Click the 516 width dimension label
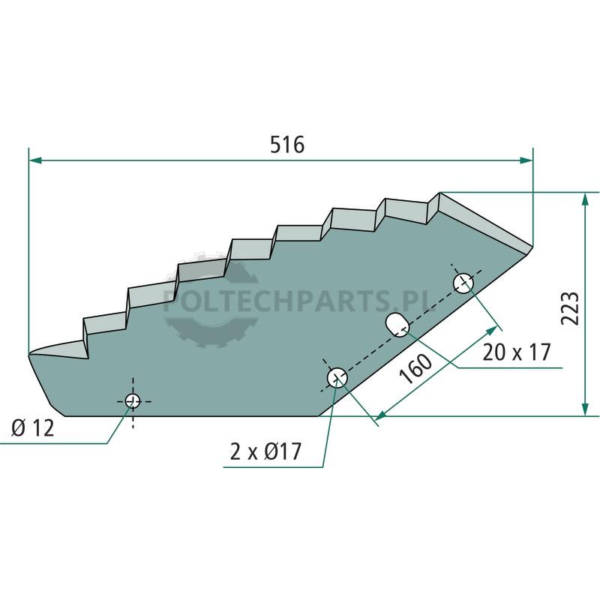tap(287, 145)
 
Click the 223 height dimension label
tap(570, 309)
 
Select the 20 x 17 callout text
tap(516, 352)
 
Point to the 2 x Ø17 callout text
tap(265, 451)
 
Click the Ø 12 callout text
tap(33, 427)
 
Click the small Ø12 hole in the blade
tap(133, 401)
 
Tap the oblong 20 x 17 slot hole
tap(397, 325)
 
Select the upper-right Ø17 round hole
tap(463, 283)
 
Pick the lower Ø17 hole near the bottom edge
tap(337, 378)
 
